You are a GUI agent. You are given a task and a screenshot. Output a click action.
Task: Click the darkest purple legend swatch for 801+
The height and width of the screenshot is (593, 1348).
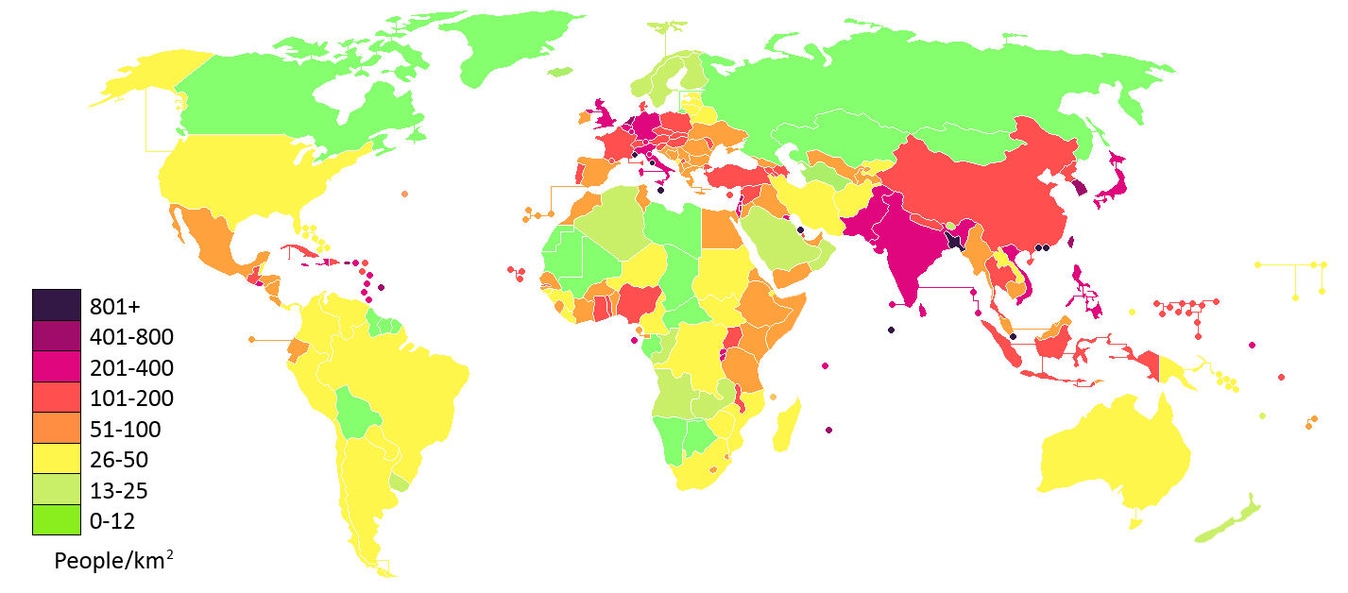tap(56, 305)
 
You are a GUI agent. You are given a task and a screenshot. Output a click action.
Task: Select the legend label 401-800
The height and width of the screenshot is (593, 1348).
tap(131, 337)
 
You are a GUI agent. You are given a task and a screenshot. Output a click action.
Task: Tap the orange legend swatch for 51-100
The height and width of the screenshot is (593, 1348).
tap(56, 429)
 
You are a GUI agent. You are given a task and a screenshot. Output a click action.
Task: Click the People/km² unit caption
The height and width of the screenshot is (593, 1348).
tap(113, 560)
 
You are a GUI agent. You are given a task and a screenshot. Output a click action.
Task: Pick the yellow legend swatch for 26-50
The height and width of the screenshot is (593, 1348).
tap(56, 460)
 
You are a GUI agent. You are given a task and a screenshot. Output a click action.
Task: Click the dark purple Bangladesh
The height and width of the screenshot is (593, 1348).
tap(955, 240)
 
